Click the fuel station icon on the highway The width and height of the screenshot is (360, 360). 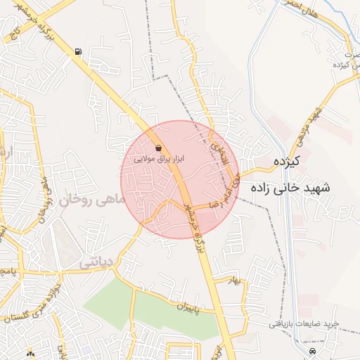tap(77, 51)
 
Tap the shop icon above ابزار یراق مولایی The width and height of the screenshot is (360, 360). tap(158, 148)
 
